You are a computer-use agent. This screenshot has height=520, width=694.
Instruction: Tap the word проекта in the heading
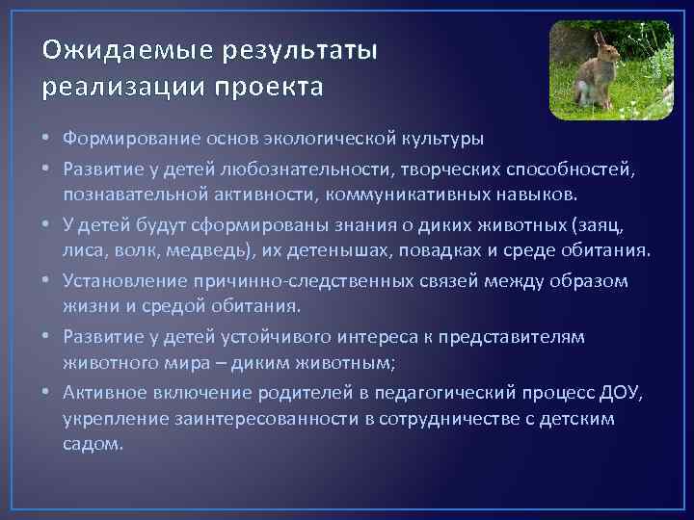tap(277, 88)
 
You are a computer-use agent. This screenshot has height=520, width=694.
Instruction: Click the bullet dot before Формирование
tap(48, 140)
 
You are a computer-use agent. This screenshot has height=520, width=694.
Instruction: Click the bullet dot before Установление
tap(48, 280)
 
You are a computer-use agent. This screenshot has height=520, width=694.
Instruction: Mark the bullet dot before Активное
tap(48, 392)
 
